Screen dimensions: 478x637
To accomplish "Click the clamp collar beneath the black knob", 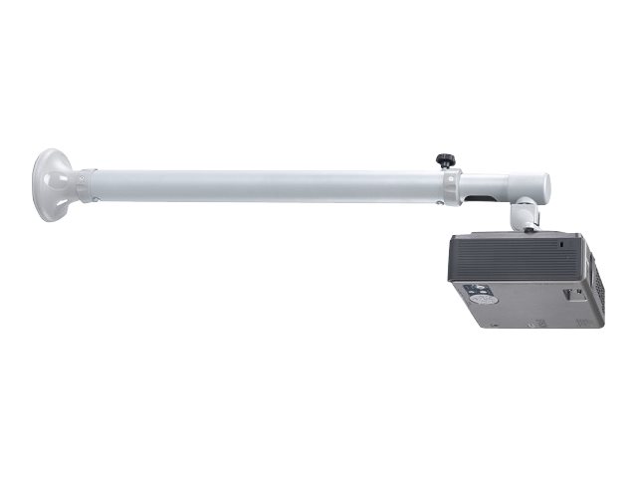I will (x=449, y=184).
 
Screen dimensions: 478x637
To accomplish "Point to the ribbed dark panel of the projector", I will (x=518, y=256).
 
